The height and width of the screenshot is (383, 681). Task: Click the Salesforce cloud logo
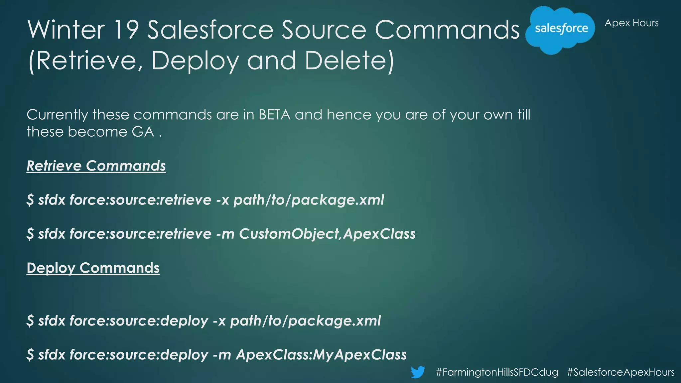(561, 29)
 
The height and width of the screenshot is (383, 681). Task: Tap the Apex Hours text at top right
(631, 23)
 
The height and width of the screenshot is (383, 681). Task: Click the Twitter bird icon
(418, 372)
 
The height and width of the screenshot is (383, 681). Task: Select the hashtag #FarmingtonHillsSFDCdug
(497, 372)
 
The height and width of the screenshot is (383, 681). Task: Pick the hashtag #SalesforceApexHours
(620, 372)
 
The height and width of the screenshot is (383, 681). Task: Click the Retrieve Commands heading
(96, 166)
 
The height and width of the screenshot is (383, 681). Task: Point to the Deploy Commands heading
(93, 268)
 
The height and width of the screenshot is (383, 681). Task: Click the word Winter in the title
(66, 30)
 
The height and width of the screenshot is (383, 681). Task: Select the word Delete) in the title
(349, 61)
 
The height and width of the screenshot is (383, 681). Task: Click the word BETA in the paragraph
(274, 115)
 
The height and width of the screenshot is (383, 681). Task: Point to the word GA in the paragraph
(143, 132)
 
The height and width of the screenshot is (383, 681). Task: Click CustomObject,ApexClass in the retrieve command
(327, 234)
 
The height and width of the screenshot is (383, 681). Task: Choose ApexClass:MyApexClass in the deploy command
(321, 355)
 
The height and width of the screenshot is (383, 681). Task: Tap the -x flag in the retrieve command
(222, 200)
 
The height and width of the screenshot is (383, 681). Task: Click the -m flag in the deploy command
(222, 355)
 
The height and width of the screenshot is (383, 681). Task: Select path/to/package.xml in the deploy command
(306, 321)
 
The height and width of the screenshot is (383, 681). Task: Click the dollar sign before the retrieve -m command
(30, 234)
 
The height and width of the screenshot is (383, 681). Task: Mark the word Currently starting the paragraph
(57, 115)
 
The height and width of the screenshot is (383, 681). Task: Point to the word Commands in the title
(447, 30)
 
